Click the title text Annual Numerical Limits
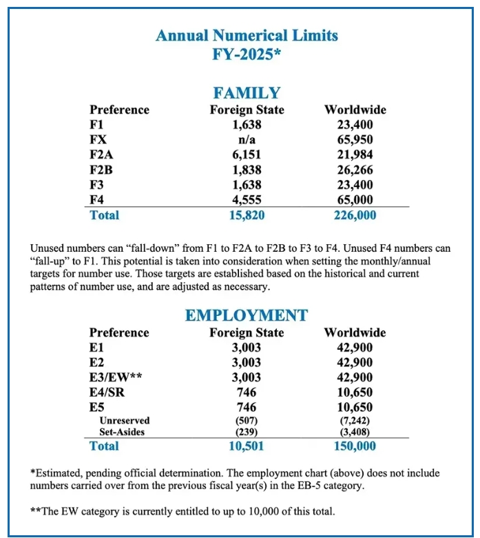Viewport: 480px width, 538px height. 247,35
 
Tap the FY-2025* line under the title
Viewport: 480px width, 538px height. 247,54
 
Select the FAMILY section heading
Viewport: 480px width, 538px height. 247,93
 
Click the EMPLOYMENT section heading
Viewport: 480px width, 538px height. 247,315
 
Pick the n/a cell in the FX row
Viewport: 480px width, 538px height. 247,139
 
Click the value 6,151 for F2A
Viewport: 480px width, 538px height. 247,154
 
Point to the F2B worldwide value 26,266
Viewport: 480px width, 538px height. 355,169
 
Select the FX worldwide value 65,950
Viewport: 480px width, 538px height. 355,139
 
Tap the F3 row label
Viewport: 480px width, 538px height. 98,184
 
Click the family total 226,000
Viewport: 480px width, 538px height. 355,215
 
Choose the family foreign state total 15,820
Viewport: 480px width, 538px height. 247,215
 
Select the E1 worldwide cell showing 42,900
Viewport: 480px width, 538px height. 355,347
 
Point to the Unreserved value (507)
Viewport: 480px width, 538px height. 247,420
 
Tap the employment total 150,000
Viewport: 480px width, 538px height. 355,446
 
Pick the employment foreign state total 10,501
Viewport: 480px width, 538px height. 247,446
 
